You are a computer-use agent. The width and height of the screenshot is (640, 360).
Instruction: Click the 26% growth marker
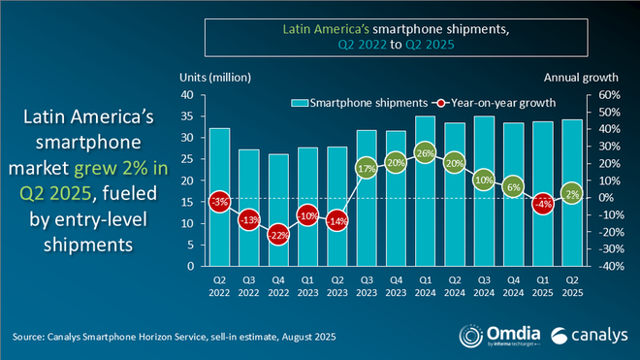click(424, 152)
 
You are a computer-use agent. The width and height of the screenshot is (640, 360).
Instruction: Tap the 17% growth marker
click(367, 168)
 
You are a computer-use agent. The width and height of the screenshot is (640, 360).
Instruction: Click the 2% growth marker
click(572, 194)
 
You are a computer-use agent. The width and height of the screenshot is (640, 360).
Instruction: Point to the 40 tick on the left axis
click(190, 95)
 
